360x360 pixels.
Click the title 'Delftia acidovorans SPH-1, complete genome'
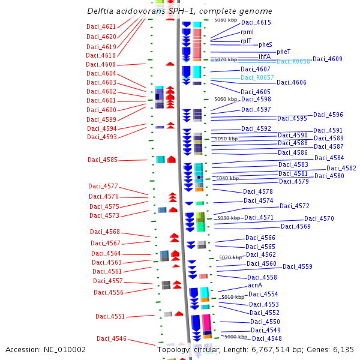179,11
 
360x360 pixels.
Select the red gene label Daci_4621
101,27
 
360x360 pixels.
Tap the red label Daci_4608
101,65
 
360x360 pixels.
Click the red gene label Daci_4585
103,160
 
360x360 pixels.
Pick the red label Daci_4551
110,317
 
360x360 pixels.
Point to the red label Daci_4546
112,339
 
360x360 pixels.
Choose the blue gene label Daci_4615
256,23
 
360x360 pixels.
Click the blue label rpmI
247,32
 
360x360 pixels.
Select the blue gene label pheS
265,45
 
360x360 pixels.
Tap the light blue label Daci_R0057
257,78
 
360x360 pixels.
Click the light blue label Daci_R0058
293,62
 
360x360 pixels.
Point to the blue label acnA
255,286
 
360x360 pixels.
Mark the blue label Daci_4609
328,59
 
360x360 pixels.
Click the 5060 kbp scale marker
226,100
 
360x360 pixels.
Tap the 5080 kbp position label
226,20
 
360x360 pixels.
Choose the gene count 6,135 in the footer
343,349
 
